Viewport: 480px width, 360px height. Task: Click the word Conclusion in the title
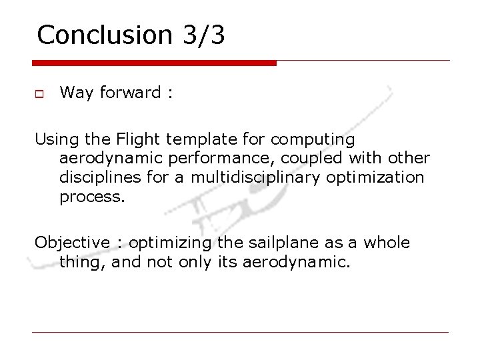click(x=105, y=35)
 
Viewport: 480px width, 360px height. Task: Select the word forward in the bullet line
click(x=130, y=93)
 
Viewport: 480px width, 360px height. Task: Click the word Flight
click(x=139, y=140)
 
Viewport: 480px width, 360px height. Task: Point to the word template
click(x=194, y=140)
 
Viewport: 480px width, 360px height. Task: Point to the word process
click(x=92, y=197)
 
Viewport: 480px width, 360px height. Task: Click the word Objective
click(x=72, y=243)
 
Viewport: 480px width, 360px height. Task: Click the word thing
click(x=83, y=262)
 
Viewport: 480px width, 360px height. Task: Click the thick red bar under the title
click(x=154, y=63)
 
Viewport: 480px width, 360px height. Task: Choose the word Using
click(x=56, y=140)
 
